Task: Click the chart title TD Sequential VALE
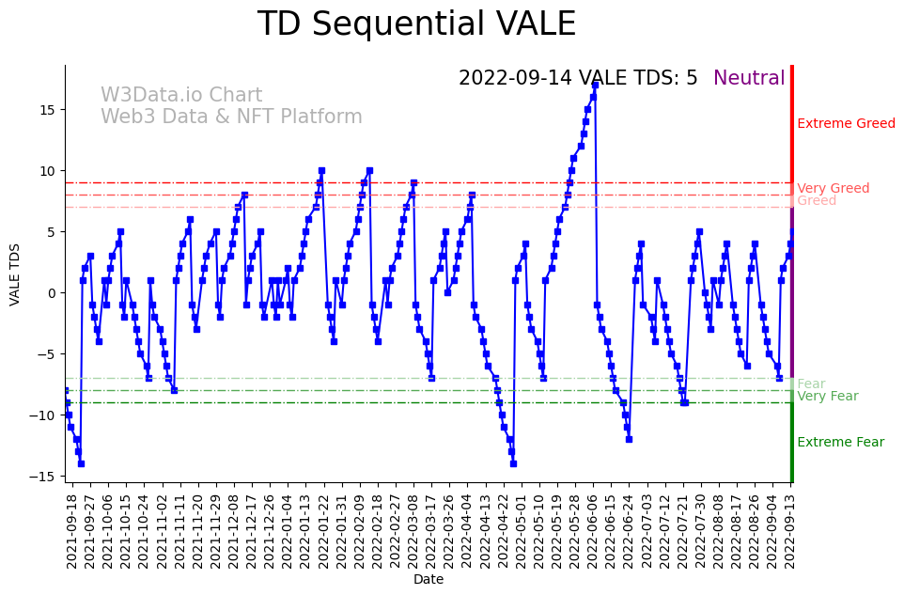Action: tap(416, 24)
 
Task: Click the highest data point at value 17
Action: tap(595, 85)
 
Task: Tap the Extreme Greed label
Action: tap(846, 124)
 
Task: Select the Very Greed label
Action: tap(833, 189)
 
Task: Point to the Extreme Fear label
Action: tap(840, 443)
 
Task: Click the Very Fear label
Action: tap(827, 397)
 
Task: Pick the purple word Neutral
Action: tap(749, 78)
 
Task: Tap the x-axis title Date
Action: tap(428, 580)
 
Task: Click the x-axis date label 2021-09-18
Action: tap(71, 530)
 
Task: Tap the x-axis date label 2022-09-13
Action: tap(791, 530)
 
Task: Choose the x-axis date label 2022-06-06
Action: tap(593, 530)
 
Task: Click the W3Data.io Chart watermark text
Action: tap(181, 96)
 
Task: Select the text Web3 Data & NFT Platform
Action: tap(231, 117)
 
